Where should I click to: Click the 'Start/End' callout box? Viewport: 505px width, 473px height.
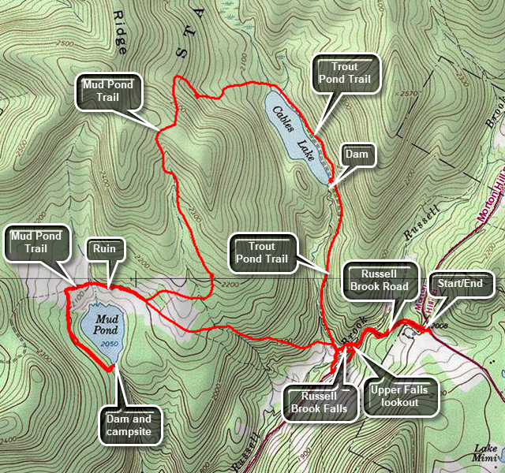pyautogui.click(x=461, y=282)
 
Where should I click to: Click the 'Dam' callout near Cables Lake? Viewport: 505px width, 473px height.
pyautogui.click(x=356, y=155)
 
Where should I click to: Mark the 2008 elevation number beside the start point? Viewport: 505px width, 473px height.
pyautogui.click(x=440, y=324)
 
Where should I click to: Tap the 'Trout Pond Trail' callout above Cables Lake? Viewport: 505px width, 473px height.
pyautogui.click(x=346, y=73)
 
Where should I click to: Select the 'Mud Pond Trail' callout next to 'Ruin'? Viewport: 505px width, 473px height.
pyautogui.click(x=38, y=242)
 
